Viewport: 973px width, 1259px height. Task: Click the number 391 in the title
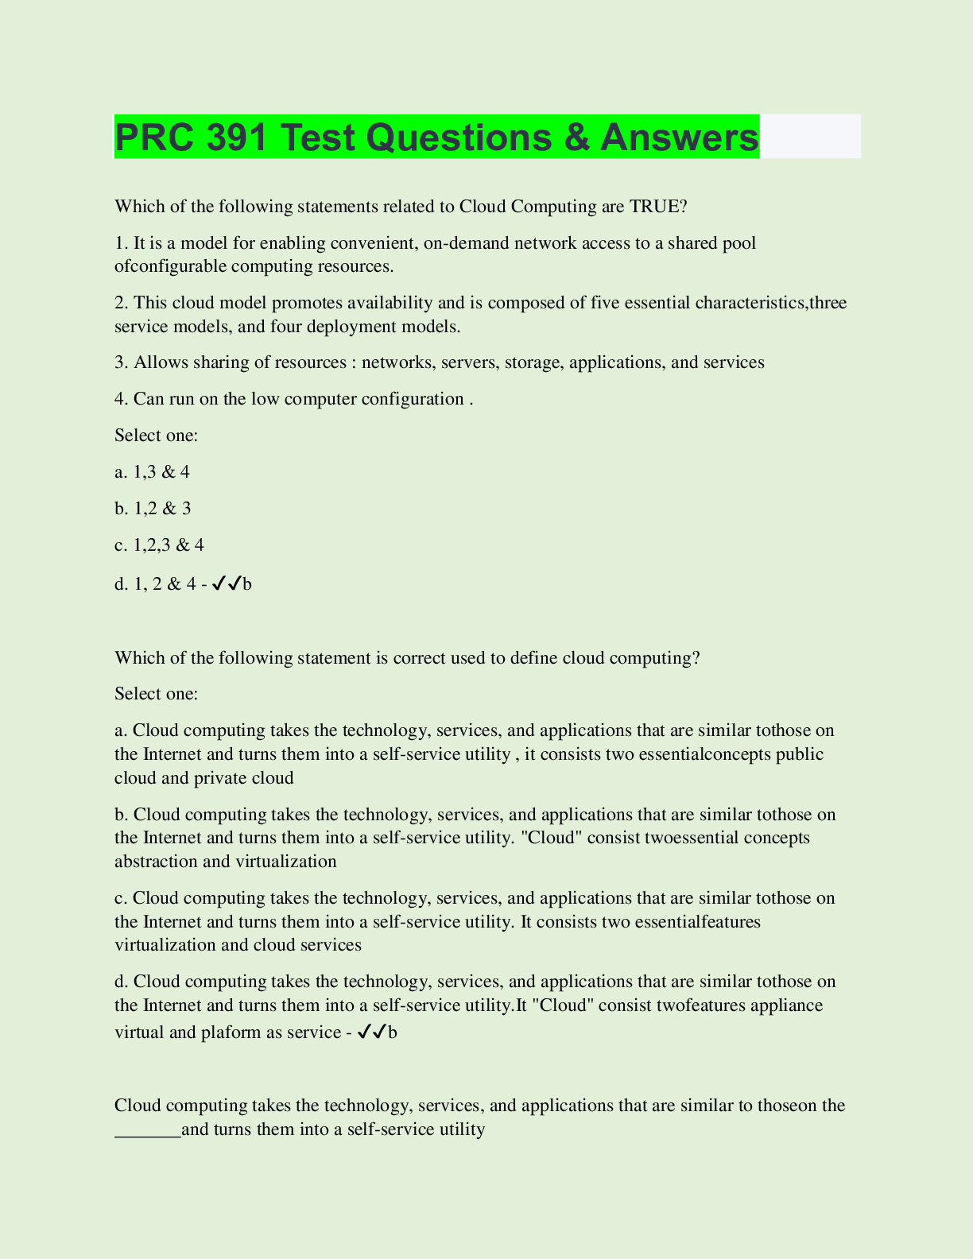tap(235, 137)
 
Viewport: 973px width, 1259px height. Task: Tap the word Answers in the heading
tap(680, 137)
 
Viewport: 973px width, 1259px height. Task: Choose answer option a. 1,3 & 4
tap(153, 472)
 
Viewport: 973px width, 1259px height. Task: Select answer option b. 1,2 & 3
tap(153, 509)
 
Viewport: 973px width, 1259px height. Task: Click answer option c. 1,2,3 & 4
tap(160, 545)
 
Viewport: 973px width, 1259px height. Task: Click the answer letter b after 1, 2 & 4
tap(247, 585)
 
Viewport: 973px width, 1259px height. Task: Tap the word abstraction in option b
tap(156, 862)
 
